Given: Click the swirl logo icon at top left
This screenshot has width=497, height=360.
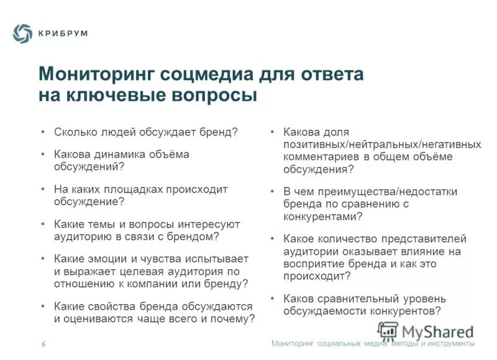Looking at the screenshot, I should tap(22, 33).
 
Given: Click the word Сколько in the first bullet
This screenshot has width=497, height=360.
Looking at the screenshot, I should tap(73, 132).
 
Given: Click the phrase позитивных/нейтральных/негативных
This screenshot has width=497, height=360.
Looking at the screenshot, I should tap(382, 144).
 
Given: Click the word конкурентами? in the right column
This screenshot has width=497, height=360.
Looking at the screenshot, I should tap(322, 216).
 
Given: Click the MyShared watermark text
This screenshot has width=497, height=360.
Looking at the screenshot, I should tap(437, 331).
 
